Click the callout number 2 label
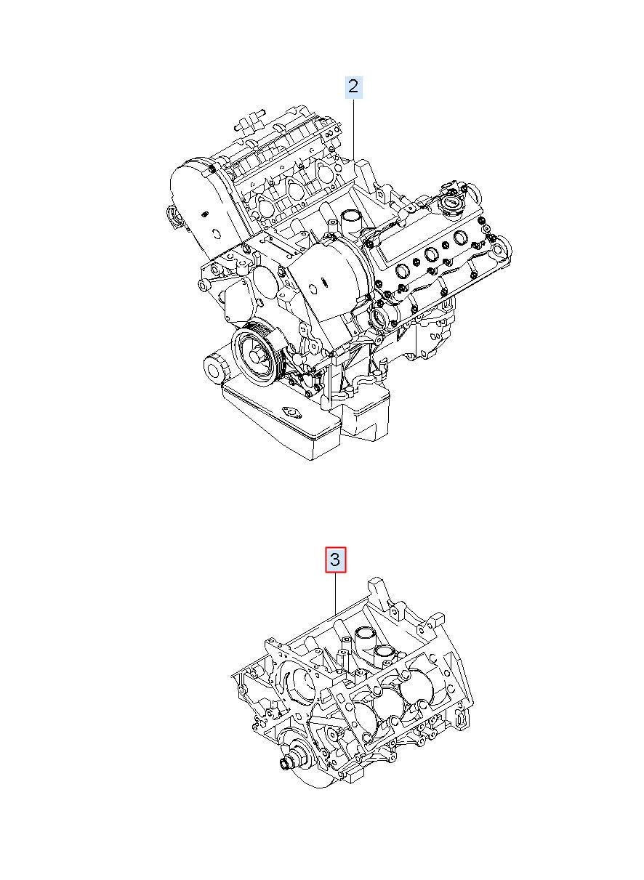[353, 86]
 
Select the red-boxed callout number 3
[335, 560]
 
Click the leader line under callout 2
[354, 130]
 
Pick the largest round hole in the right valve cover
[461, 238]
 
